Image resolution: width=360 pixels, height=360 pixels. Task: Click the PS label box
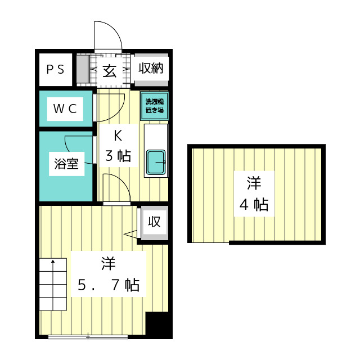pos(55,69)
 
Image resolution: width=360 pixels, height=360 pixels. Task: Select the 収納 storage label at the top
pos(151,69)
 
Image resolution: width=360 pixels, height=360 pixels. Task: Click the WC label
pos(65,109)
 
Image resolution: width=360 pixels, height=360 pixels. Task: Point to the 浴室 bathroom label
pos(66,164)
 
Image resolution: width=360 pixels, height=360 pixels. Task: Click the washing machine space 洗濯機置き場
pos(154,106)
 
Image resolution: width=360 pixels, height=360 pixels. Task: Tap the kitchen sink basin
pos(156,163)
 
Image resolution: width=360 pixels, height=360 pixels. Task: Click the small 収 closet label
pos(154,222)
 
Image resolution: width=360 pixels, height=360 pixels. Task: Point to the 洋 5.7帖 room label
pos(109,274)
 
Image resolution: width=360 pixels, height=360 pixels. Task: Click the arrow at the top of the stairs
pos(53,262)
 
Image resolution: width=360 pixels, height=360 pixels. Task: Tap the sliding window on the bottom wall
pos(88,336)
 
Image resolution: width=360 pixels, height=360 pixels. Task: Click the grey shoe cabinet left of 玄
pos(82,70)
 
